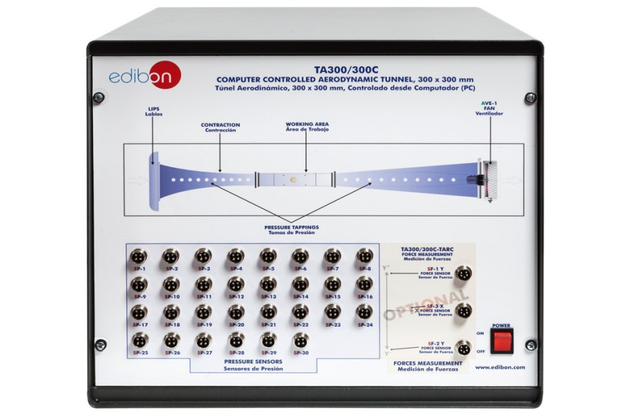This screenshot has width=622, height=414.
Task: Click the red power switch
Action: pyautogui.click(x=502, y=339)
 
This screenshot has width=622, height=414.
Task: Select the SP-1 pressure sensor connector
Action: pyautogui.click(x=139, y=256)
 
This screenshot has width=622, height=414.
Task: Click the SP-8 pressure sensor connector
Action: pyautogui.click(x=365, y=256)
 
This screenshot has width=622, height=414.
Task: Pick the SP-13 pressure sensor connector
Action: pyautogui.click(x=268, y=284)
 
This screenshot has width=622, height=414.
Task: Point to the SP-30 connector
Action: pyautogui.click(x=300, y=340)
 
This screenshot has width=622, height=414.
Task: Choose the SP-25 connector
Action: pyautogui.click(x=139, y=340)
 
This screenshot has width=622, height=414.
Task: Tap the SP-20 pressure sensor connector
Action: pyautogui.click(x=236, y=312)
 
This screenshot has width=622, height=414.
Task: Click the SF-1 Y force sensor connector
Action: pyautogui.click(x=464, y=273)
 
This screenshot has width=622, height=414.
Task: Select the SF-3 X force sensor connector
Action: pyautogui.click(x=464, y=310)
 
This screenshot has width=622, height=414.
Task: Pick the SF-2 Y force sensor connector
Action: pyautogui.click(x=464, y=347)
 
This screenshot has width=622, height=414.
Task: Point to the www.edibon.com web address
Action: pyautogui.click(x=501, y=367)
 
